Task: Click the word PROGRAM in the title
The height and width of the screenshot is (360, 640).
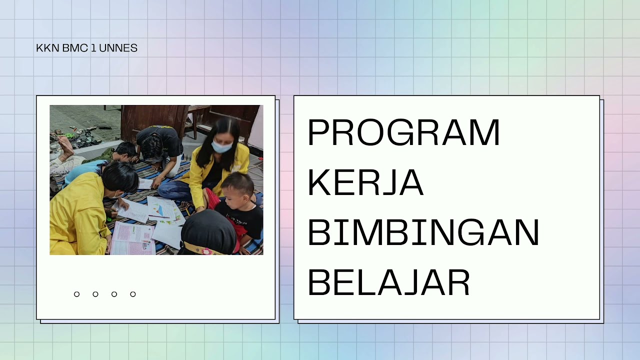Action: pyautogui.click(x=403, y=132)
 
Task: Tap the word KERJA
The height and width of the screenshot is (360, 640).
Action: pyautogui.click(x=365, y=183)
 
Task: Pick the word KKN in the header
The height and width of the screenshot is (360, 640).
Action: pyautogui.click(x=48, y=48)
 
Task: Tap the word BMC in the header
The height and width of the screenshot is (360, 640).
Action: pyautogui.click(x=75, y=48)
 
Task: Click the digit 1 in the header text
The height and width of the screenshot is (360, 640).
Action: pyautogui.click(x=93, y=48)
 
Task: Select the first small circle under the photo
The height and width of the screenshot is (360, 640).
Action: pyautogui.click(x=76, y=294)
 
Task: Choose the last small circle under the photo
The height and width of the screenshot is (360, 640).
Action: pyautogui.click(x=133, y=294)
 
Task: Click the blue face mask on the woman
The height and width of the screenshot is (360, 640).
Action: pyautogui.click(x=221, y=147)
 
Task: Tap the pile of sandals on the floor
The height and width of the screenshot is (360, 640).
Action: pyautogui.click(x=85, y=136)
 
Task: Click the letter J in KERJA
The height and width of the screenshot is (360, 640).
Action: pyautogui.click(x=385, y=183)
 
